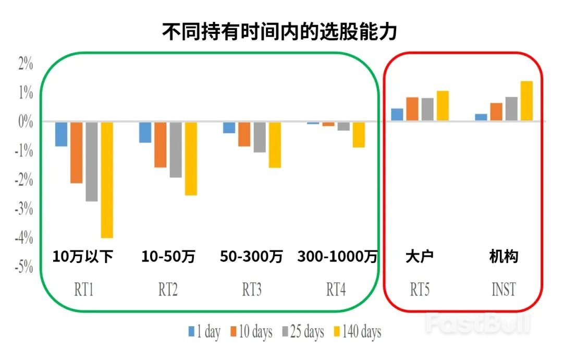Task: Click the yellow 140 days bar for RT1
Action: click(x=107, y=180)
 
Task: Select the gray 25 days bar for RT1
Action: click(x=92, y=162)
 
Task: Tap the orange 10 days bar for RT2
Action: click(x=161, y=145)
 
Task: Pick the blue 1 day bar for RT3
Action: click(x=229, y=128)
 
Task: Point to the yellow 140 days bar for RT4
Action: click(x=359, y=135)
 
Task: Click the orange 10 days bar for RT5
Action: click(x=412, y=109)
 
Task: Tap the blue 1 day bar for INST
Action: click(x=481, y=117)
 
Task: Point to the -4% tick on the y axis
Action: click(x=24, y=239)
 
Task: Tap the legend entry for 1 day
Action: click(x=204, y=332)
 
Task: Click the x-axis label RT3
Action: click(x=252, y=290)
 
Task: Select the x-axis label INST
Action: click(x=504, y=290)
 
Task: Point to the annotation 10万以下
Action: click(x=83, y=257)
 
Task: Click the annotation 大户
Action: click(x=420, y=257)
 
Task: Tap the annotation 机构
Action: click(x=504, y=257)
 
